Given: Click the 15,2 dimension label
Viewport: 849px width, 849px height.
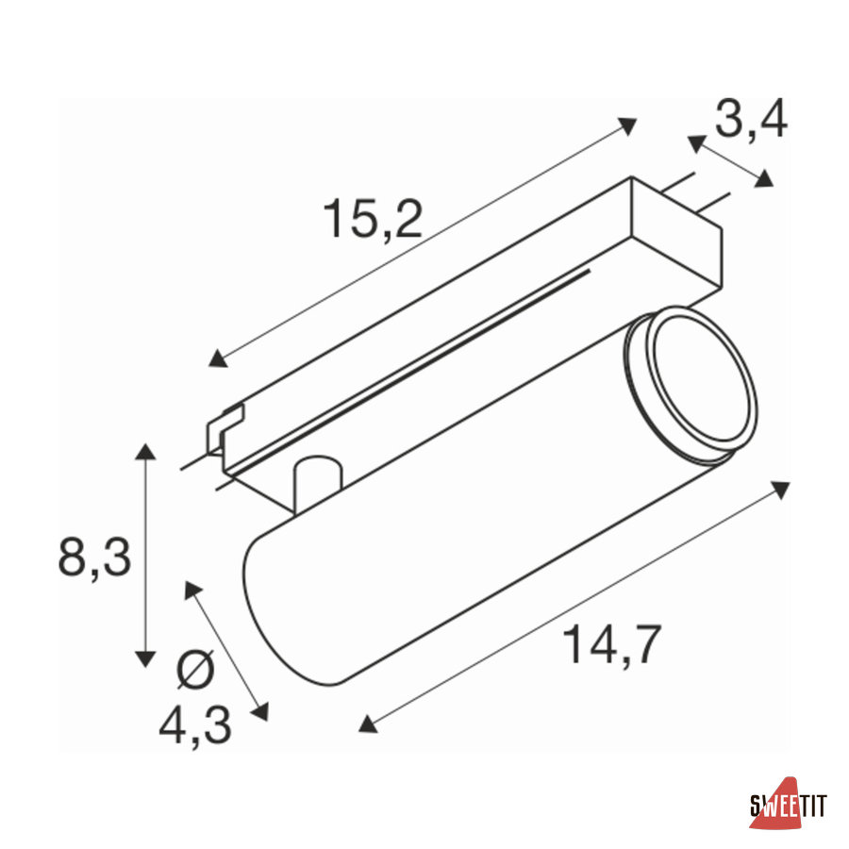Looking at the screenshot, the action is pyautogui.click(x=373, y=219).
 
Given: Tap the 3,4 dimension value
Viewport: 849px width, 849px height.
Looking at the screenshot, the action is pyautogui.click(x=751, y=120).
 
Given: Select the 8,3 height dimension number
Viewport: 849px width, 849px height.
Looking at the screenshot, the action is pyautogui.click(x=94, y=558).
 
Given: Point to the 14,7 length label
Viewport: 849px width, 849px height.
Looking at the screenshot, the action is pyautogui.click(x=612, y=644).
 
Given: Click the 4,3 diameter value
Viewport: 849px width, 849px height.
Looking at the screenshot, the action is pyautogui.click(x=195, y=725).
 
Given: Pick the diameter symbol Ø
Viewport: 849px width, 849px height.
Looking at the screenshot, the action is pyautogui.click(x=196, y=670).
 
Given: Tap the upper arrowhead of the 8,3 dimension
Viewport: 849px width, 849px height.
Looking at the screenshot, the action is pyautogui.click(x=145, y=451).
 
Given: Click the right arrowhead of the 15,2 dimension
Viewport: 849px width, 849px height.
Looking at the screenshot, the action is pyautogui.click(x=627, y=125).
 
